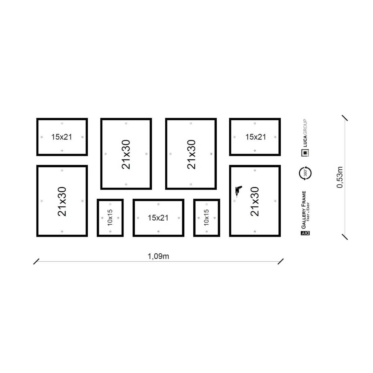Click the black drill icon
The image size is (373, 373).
238,191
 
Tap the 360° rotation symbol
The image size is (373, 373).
305,173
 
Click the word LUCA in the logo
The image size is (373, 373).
305,141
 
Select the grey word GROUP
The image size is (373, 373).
305,127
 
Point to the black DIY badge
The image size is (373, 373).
305,233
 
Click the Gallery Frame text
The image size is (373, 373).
303,210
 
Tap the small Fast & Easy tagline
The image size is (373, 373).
308,212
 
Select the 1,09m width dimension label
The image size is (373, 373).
158,256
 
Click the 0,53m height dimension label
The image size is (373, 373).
340,177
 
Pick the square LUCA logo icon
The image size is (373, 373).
305,153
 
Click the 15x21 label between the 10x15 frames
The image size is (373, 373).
158,218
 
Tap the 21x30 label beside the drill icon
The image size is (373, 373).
255,201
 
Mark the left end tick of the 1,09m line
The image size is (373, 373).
36,261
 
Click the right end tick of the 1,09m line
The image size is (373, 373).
281,261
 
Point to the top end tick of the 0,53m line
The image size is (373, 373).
345,118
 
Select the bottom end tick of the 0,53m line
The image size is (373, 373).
345,237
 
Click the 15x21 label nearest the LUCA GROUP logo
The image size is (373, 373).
256,137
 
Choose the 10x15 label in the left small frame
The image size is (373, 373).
110,218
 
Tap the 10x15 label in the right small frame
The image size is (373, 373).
206,218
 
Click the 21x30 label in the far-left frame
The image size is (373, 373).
62,201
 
